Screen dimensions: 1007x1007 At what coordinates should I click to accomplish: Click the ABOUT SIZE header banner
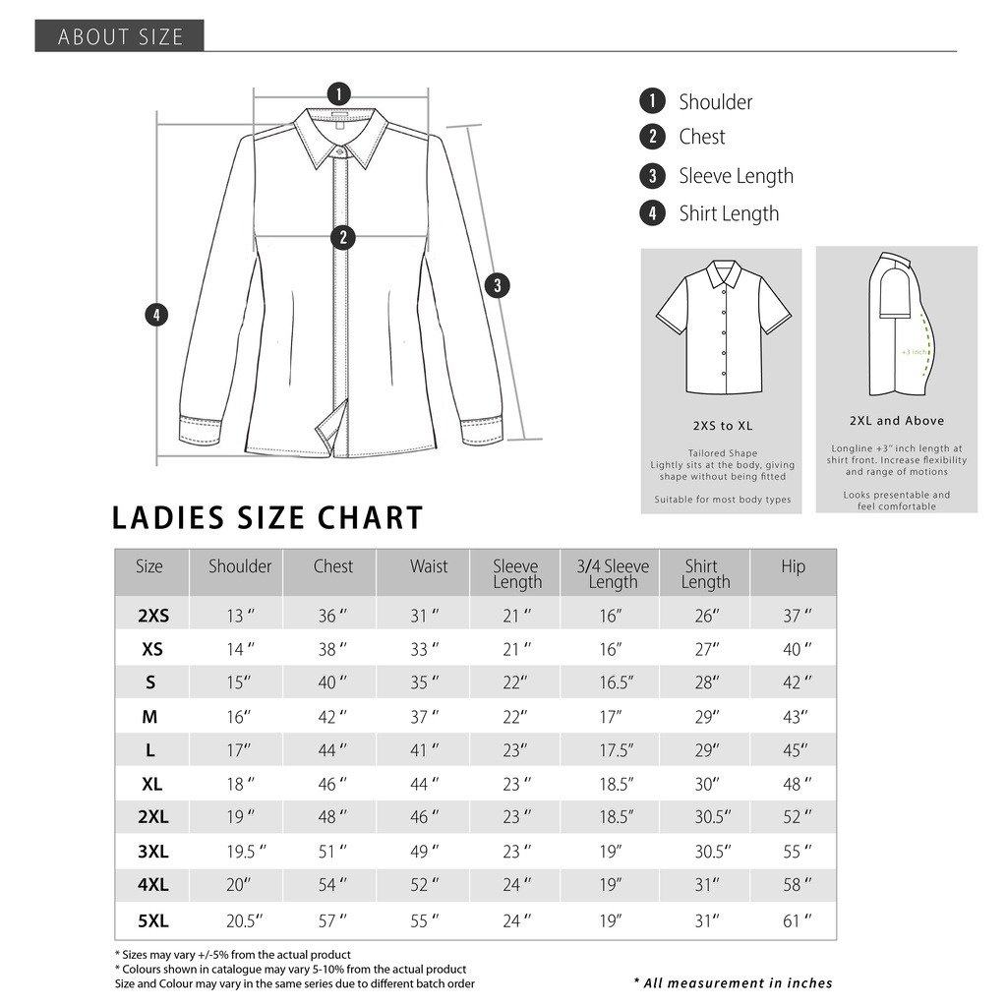[x=120, y=36]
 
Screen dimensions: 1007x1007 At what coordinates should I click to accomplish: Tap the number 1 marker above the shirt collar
[x=338, y=94]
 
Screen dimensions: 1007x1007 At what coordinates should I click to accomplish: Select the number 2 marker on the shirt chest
[x=342, y=237]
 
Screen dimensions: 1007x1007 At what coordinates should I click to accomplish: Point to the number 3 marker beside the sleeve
[x=498, y=286]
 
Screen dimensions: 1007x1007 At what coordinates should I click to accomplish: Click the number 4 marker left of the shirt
[x=155, y=316]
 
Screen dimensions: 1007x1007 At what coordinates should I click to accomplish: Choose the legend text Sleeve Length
[x=736, y=176]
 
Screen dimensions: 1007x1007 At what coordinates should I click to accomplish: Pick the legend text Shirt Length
[x=728, y=213]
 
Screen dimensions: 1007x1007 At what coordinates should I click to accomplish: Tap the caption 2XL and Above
[x=897, y=421]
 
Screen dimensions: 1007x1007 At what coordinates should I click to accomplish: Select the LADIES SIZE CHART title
[x=267, y=518]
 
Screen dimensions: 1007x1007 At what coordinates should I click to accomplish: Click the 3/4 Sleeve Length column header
[x=613, y=573]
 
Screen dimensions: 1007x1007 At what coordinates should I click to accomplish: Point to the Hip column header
[x=794, y=566]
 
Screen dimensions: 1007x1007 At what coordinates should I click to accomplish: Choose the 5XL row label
[x=153, y=921]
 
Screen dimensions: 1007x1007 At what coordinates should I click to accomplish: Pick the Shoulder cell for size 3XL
[x=240, y=853]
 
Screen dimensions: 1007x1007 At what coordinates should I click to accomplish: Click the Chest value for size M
[x=332, y=718]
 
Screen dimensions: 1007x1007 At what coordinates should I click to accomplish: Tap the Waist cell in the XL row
[x=425, y=785]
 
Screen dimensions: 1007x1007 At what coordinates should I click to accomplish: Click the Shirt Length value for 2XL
[x=706, y=818]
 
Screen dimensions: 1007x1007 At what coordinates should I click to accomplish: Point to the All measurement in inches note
[x=734, y=983]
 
